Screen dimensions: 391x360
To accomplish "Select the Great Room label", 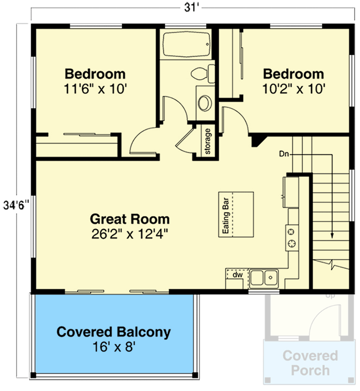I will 130,219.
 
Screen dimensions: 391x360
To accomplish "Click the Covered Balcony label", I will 114,332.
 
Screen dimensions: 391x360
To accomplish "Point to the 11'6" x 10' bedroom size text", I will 95,88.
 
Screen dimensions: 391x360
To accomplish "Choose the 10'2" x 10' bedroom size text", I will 293,88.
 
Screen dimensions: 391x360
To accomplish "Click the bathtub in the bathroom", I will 185,45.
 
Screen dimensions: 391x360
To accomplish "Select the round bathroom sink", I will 205,103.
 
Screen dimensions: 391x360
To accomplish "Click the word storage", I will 207,141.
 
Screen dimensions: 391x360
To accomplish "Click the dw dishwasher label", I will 237,275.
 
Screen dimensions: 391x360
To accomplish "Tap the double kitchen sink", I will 264,278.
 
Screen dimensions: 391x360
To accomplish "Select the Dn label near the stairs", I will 284,154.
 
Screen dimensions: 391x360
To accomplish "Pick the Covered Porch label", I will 310,363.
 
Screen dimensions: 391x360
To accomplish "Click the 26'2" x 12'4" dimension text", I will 130,234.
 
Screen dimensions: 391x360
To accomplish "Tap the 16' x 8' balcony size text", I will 114,348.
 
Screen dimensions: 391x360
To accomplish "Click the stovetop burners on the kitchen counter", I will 292,237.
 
